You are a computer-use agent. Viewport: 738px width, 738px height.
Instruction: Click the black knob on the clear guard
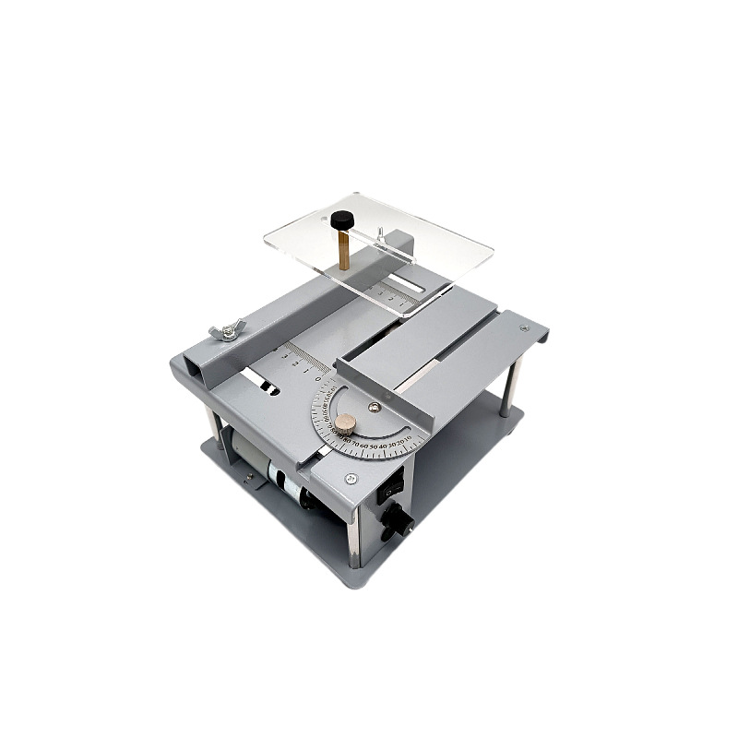pos(342,221)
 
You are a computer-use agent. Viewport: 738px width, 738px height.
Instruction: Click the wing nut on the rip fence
pos(224,329)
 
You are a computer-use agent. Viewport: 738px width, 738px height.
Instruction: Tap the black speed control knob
pos(399,523)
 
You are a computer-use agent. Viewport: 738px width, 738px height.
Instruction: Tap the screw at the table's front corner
pos(351,479)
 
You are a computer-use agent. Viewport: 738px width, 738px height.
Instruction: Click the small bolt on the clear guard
pos(378,232)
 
